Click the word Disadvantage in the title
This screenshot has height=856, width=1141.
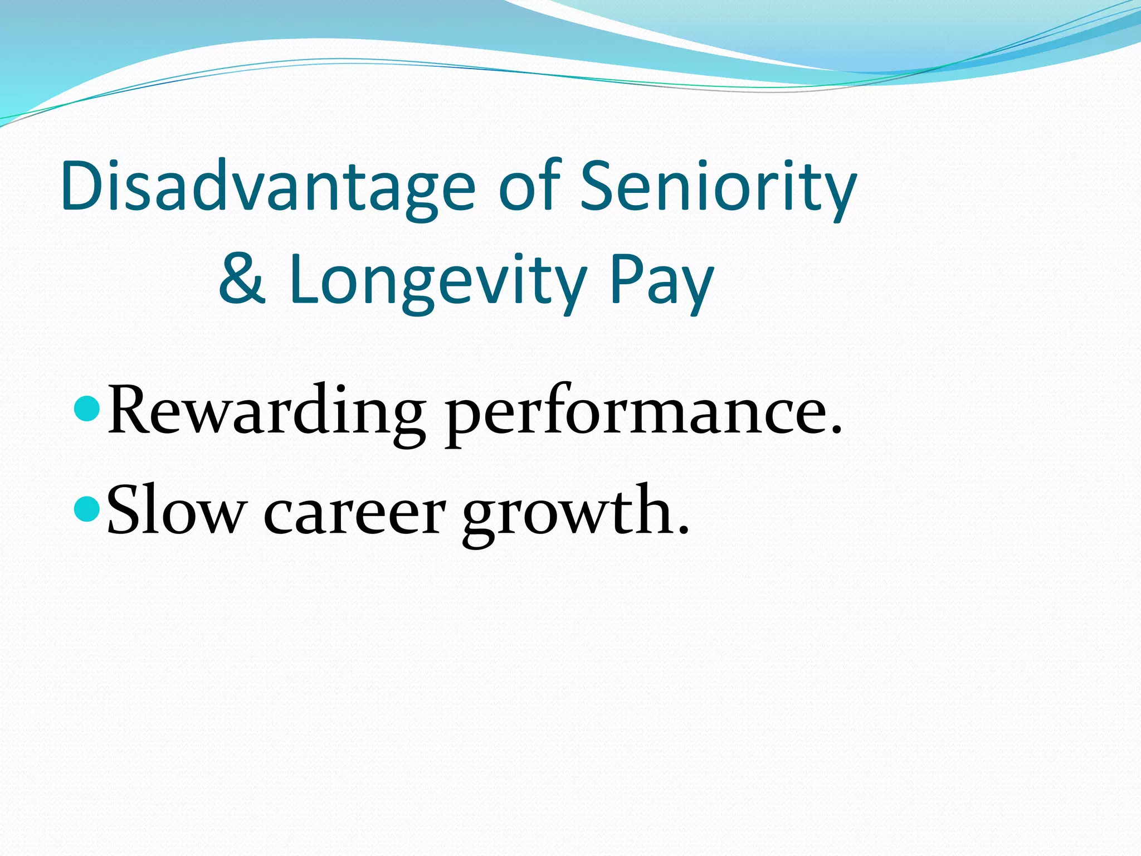pos(268,187)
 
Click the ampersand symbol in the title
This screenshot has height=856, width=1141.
pos(241,279)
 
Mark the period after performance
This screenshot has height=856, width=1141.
pos(835,430)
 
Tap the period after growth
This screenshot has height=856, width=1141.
pos(683,530)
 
